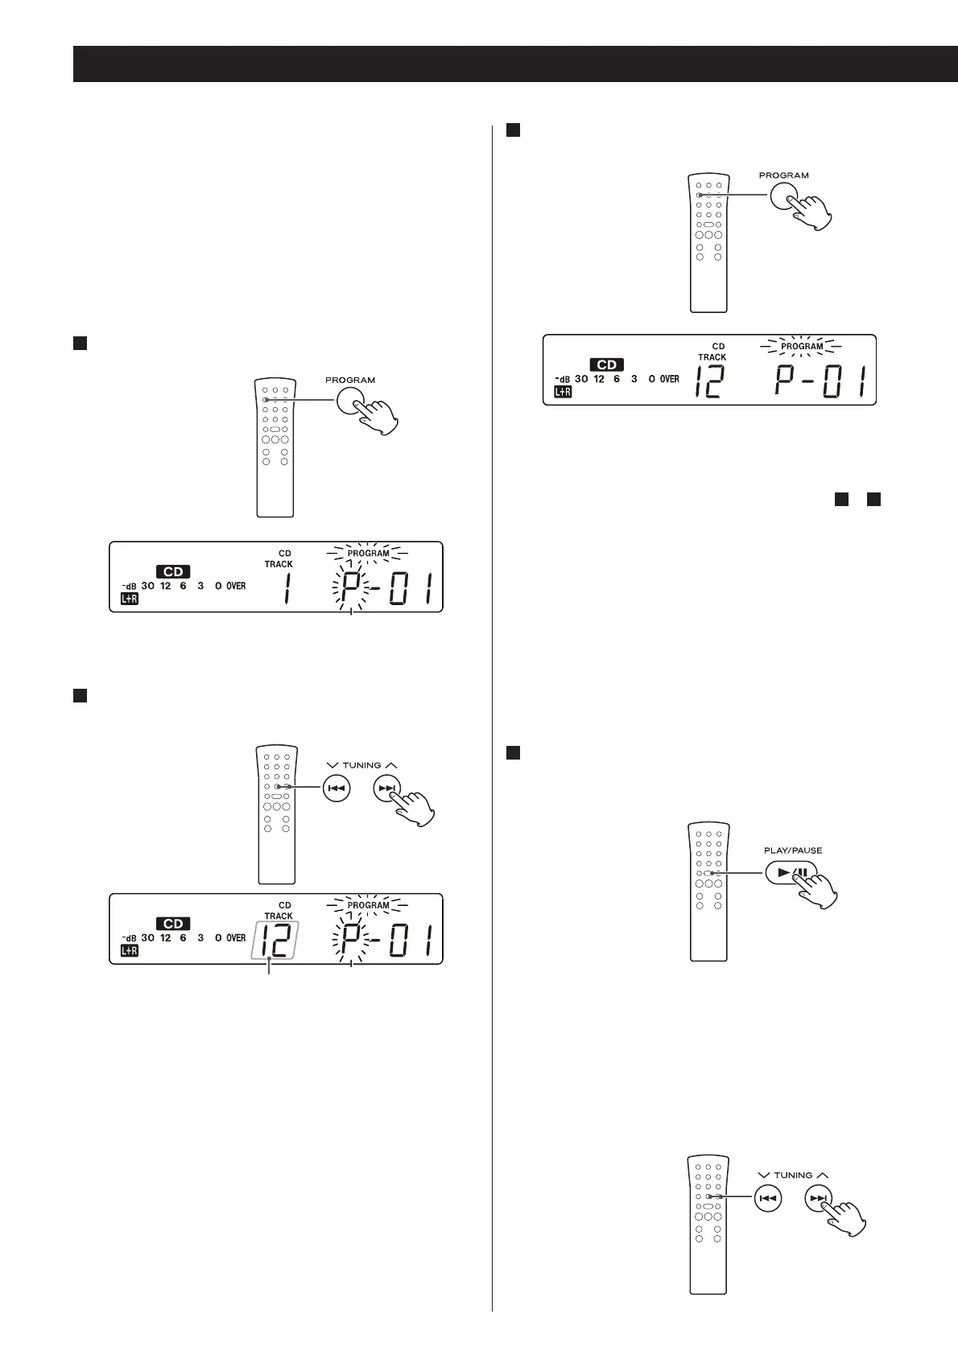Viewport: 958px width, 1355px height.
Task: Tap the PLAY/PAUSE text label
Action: [x=793, y=850]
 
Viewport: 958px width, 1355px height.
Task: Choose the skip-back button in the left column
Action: [x=336, y=789]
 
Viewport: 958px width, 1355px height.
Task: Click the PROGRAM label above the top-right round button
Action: [x=783, y=175]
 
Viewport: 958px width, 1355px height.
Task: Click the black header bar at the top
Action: [x=514, y=64]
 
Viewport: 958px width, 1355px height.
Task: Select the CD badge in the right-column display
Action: [x=607, y=364]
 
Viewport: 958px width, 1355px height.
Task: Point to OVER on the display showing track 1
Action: [x=236, y=586]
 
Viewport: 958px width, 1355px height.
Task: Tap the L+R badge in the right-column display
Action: [x=562, y=392]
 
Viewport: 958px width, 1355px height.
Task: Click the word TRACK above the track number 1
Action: [x=279, y=564]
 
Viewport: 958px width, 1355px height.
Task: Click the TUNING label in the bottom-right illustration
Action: [x=793, y=1175]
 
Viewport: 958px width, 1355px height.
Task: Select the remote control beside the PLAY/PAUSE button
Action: [x=708, y=892]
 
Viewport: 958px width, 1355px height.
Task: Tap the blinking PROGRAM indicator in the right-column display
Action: [x=802, y=347]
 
